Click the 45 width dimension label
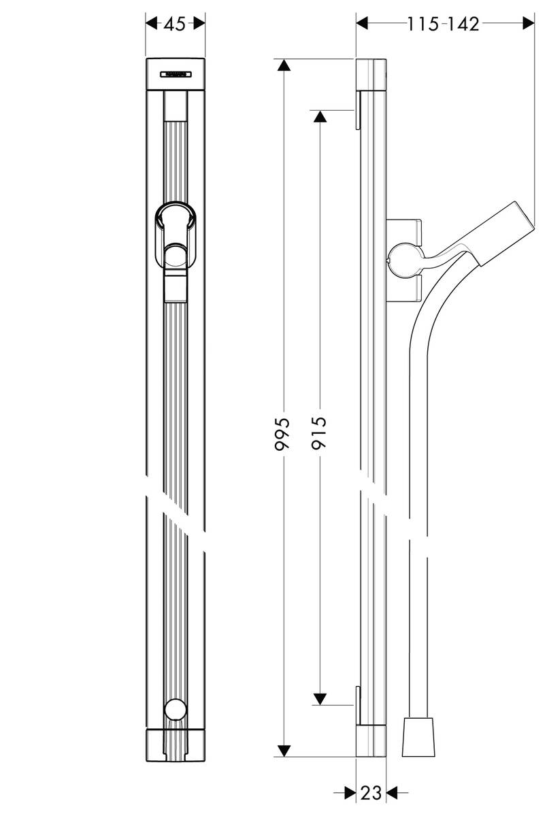176,24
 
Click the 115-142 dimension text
444,24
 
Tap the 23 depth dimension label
371,793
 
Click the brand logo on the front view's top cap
176,74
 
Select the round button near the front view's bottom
176,710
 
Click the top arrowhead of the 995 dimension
283,67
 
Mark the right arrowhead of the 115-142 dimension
527,24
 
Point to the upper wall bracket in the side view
356,112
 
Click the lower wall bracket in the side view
356,704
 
